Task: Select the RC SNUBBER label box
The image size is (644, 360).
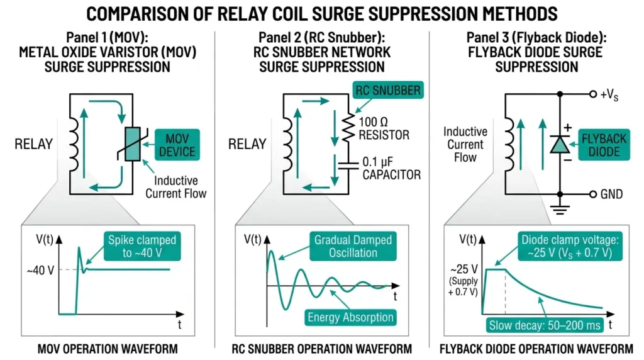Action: pyautogui.click(x=387, y=91)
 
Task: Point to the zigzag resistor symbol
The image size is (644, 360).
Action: pyautogui.click(x=345, y=126)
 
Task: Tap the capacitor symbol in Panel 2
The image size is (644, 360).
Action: pyautogui.click(x=345, y=166)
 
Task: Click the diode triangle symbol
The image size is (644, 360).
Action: pyautogui.click(x=558, y=145)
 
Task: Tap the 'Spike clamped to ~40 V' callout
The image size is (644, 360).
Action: pyautogui.click(x=142, y=246)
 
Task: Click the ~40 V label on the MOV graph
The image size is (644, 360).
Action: pyautogui.click(x=40, y=270)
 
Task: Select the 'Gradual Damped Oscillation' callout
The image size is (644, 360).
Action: pyautogui.click(x=352, y=246)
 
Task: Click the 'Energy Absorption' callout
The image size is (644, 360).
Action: pyautogui.click(x=351, y=317)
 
